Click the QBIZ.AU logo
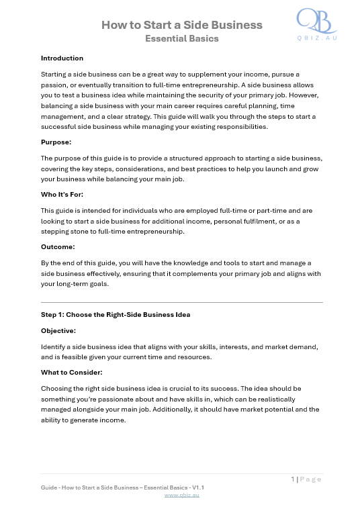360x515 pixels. (x=316, y=25)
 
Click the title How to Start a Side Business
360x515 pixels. (x=181, y=26)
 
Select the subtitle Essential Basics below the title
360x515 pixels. (x=181, y=39)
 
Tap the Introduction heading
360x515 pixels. (x=62, y=58)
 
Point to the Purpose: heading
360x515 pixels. (x=57, y=142)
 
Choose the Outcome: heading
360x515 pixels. (x=58, y=246)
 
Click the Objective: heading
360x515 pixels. (x=58, y=330)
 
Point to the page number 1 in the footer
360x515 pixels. (x=293, y=479)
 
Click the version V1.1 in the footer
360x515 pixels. (x=198, y=487)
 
